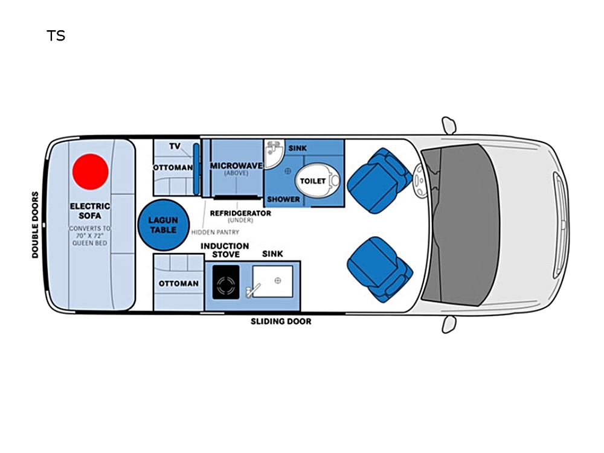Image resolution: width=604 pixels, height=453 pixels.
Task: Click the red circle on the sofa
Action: point(91,172)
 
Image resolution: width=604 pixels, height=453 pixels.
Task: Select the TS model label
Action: point(56,36)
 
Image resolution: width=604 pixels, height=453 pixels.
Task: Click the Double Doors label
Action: point(35,225)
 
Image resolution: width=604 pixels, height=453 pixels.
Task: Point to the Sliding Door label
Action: point(281,321)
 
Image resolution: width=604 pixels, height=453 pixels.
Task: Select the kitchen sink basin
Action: point(272,281)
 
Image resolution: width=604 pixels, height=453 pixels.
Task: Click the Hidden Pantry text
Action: point(215,232)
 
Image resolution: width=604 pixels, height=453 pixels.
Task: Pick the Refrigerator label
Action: point(240,213)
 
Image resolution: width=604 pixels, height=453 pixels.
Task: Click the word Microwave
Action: point(236,165)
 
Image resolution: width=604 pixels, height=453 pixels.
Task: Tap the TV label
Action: point(175,146)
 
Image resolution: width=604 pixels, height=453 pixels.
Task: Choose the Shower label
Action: point(283,199)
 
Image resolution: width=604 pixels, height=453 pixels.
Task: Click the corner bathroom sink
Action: point(273,155)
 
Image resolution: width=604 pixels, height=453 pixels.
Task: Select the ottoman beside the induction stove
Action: point(178,283)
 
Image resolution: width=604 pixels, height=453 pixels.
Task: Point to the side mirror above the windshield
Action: point(449,125)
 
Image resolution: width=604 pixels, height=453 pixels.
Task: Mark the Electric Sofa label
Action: point(90,210)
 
